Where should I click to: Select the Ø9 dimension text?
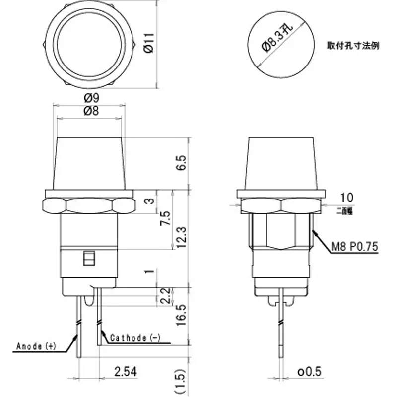pos(90,97)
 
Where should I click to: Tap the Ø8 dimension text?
pos(90,111)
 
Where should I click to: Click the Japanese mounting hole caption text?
pos(353,45)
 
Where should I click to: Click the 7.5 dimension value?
pos(166,219)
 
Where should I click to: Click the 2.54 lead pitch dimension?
pos(126,371)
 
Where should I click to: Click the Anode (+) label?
pos(37,346)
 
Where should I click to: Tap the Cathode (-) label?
pos(135,338)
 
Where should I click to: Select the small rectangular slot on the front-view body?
pos(89,259)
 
